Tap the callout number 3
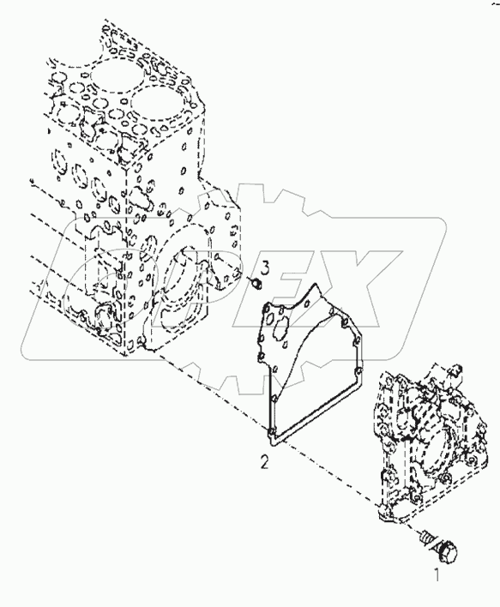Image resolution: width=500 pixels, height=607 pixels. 266,269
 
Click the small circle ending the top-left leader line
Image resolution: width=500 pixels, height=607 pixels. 30,180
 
